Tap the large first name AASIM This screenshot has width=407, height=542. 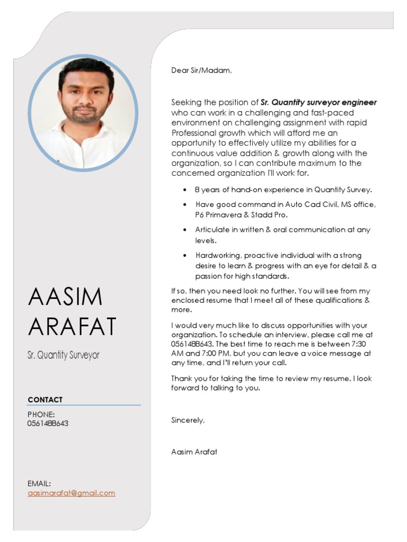(x=65, y=297)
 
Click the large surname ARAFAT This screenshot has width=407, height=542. (x=72, y=327)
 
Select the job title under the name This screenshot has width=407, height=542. (x=63, y=355)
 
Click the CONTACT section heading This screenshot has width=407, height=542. (x=45, y=400)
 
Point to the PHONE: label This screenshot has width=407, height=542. (x=41, y=414)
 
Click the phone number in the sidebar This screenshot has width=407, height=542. (x=48, y=423)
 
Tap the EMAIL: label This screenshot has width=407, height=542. (x=39, y=483)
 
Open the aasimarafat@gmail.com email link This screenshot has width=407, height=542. (x=71, y=493)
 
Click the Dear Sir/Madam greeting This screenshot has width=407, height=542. (x=201, y=70)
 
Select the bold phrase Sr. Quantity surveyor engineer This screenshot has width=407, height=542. (x=319, y=103)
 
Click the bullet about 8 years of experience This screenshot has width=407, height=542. (x=284, y=189)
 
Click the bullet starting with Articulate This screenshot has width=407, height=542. (x=282, y=230)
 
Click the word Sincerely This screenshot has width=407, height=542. (x=188, y=420)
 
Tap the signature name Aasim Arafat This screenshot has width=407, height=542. (x=194, y=452)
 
